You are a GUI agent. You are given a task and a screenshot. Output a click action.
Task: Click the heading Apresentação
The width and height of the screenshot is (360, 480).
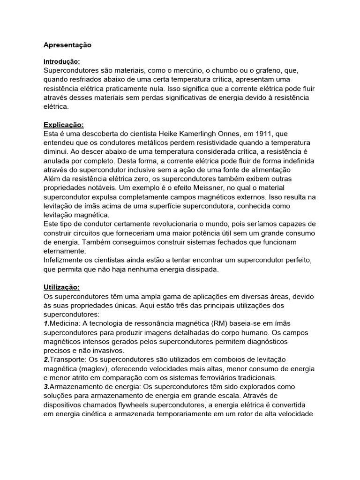click(x=67, y=45)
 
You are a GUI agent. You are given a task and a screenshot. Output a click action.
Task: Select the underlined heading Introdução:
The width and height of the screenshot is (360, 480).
click(x=62, y=61)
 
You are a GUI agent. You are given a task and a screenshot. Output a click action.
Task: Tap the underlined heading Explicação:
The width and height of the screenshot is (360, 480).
click(x=63, y=125)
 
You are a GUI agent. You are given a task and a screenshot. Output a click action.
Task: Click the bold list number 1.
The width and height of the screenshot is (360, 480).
click(x=46, y=323)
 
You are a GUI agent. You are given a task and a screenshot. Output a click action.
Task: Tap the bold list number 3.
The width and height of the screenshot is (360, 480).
click(x=46, y=386)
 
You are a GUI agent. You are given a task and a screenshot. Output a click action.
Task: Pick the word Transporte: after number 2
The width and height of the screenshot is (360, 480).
click(x=70, y=359)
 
